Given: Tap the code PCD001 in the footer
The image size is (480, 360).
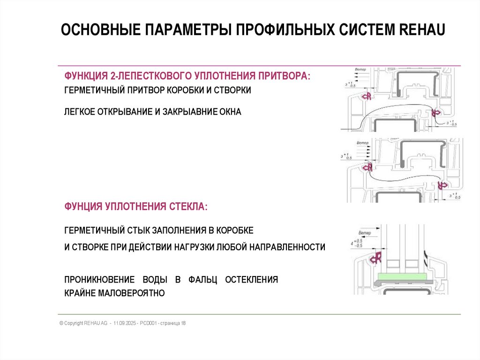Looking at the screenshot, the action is click(150, 324).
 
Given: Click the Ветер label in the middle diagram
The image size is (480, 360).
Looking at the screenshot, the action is click(361, 143).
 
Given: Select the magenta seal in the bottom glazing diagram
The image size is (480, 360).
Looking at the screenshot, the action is click(376, 257).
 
